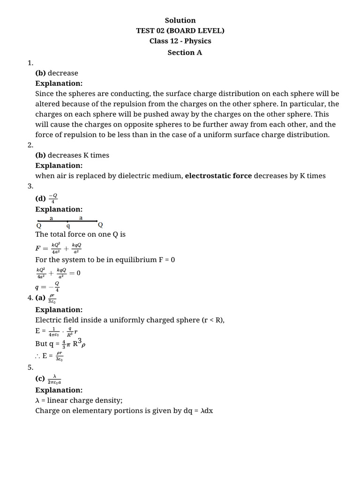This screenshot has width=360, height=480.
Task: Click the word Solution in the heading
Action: [180, 20]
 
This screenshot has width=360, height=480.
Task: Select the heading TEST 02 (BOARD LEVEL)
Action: [180, 30]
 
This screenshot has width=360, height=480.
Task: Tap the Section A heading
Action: [185, 52]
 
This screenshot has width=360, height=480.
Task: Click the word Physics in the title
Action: [198, 41]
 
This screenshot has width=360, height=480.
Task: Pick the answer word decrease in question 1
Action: [63, 73]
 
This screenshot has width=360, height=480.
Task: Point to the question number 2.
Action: [30, 145]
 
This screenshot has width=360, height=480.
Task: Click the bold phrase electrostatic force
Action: [218, 176]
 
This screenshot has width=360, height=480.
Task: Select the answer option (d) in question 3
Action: [41, 199]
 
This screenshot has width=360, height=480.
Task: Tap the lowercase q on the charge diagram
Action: [68, 225]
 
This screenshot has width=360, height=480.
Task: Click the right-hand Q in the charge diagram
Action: [100, 225]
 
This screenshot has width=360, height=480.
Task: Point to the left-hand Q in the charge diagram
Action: [38, 225]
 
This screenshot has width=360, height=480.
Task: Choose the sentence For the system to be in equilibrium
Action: [105, 259]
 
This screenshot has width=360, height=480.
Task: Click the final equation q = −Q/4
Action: [47, 286]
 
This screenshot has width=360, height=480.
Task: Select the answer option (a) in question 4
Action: [40, 298]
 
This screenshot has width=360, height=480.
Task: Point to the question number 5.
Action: [30, 367]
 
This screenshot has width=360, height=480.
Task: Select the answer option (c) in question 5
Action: [40, 379]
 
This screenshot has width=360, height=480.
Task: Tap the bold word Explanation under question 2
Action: [59, 165]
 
